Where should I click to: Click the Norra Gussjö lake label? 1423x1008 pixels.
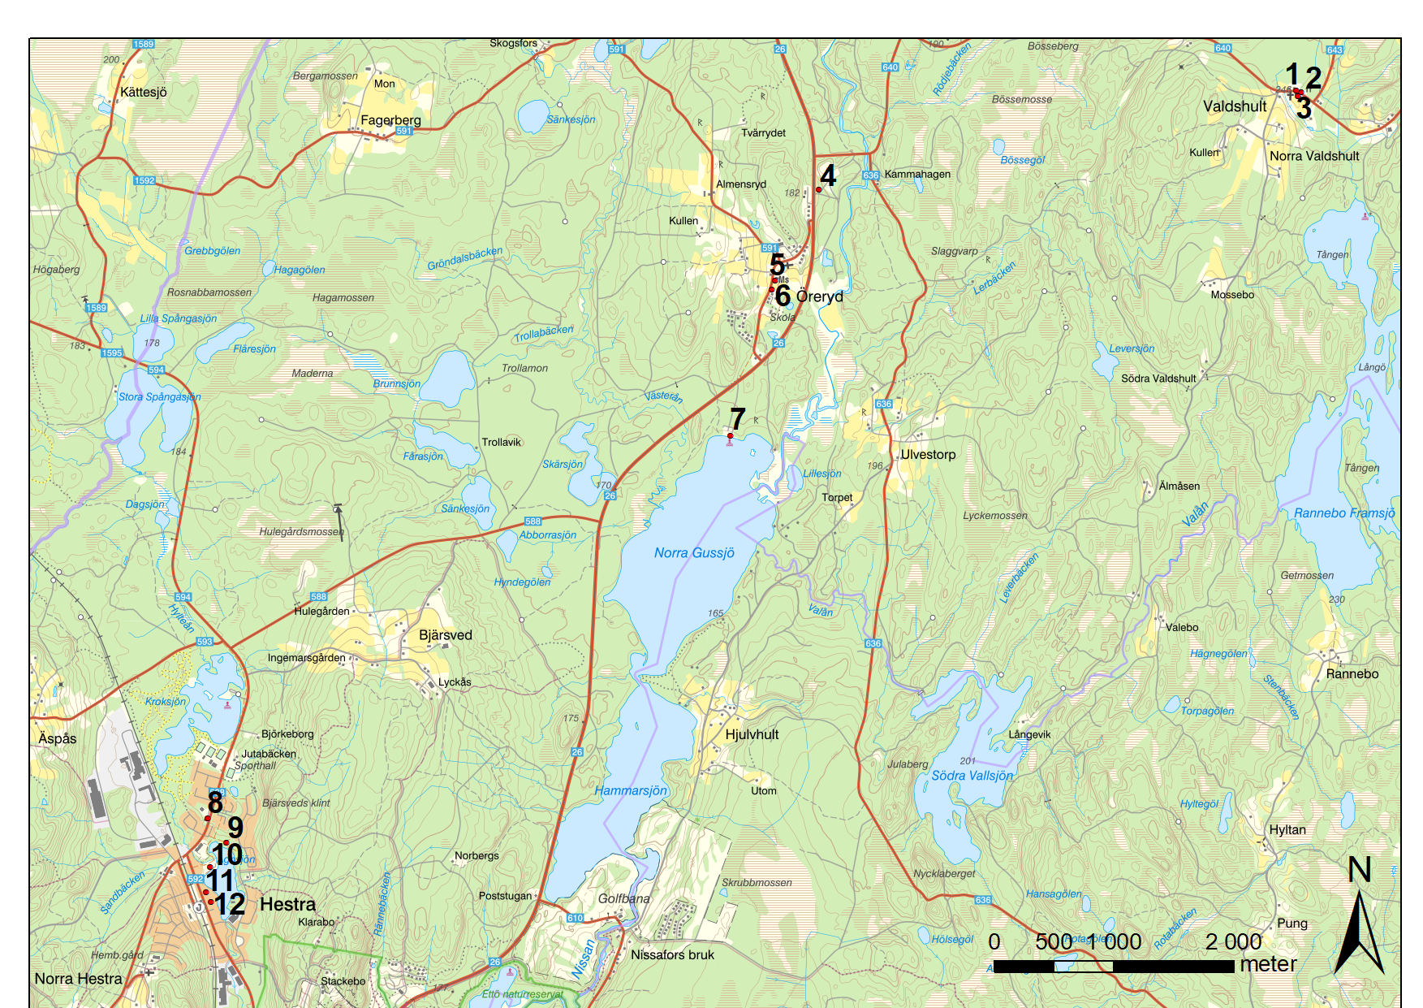click(694, 553)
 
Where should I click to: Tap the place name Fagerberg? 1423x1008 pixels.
click(390, 120)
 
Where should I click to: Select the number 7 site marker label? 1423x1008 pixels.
click(737, 419)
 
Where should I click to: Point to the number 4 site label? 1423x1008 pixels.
click(828, 175)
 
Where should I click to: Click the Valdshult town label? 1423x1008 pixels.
click(1235, 106)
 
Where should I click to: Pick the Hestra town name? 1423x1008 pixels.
click(287, 904)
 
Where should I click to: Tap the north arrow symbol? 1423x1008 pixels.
click(1360, 933)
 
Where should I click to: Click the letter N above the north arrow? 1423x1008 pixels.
click(1360, 870)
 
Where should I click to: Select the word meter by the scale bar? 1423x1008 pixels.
click(1268, 964)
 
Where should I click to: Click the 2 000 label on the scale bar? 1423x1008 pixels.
click(1233, 941)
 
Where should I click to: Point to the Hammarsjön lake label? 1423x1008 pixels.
click(631, 790)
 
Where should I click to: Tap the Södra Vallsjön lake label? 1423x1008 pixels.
click(972, 776)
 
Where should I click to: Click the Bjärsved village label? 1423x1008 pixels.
click(445, 635)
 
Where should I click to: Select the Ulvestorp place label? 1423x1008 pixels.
click(928, 455)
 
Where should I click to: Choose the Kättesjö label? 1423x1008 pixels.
click(144, 92)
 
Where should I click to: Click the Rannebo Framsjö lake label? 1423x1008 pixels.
click(1344, 513)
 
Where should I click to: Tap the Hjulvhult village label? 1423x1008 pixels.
click(752, 734)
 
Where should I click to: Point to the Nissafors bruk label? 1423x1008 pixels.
click(672, 955)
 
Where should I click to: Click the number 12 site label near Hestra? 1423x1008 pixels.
click(229, 904)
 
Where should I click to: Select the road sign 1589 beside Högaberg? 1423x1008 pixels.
click(97, 308)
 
